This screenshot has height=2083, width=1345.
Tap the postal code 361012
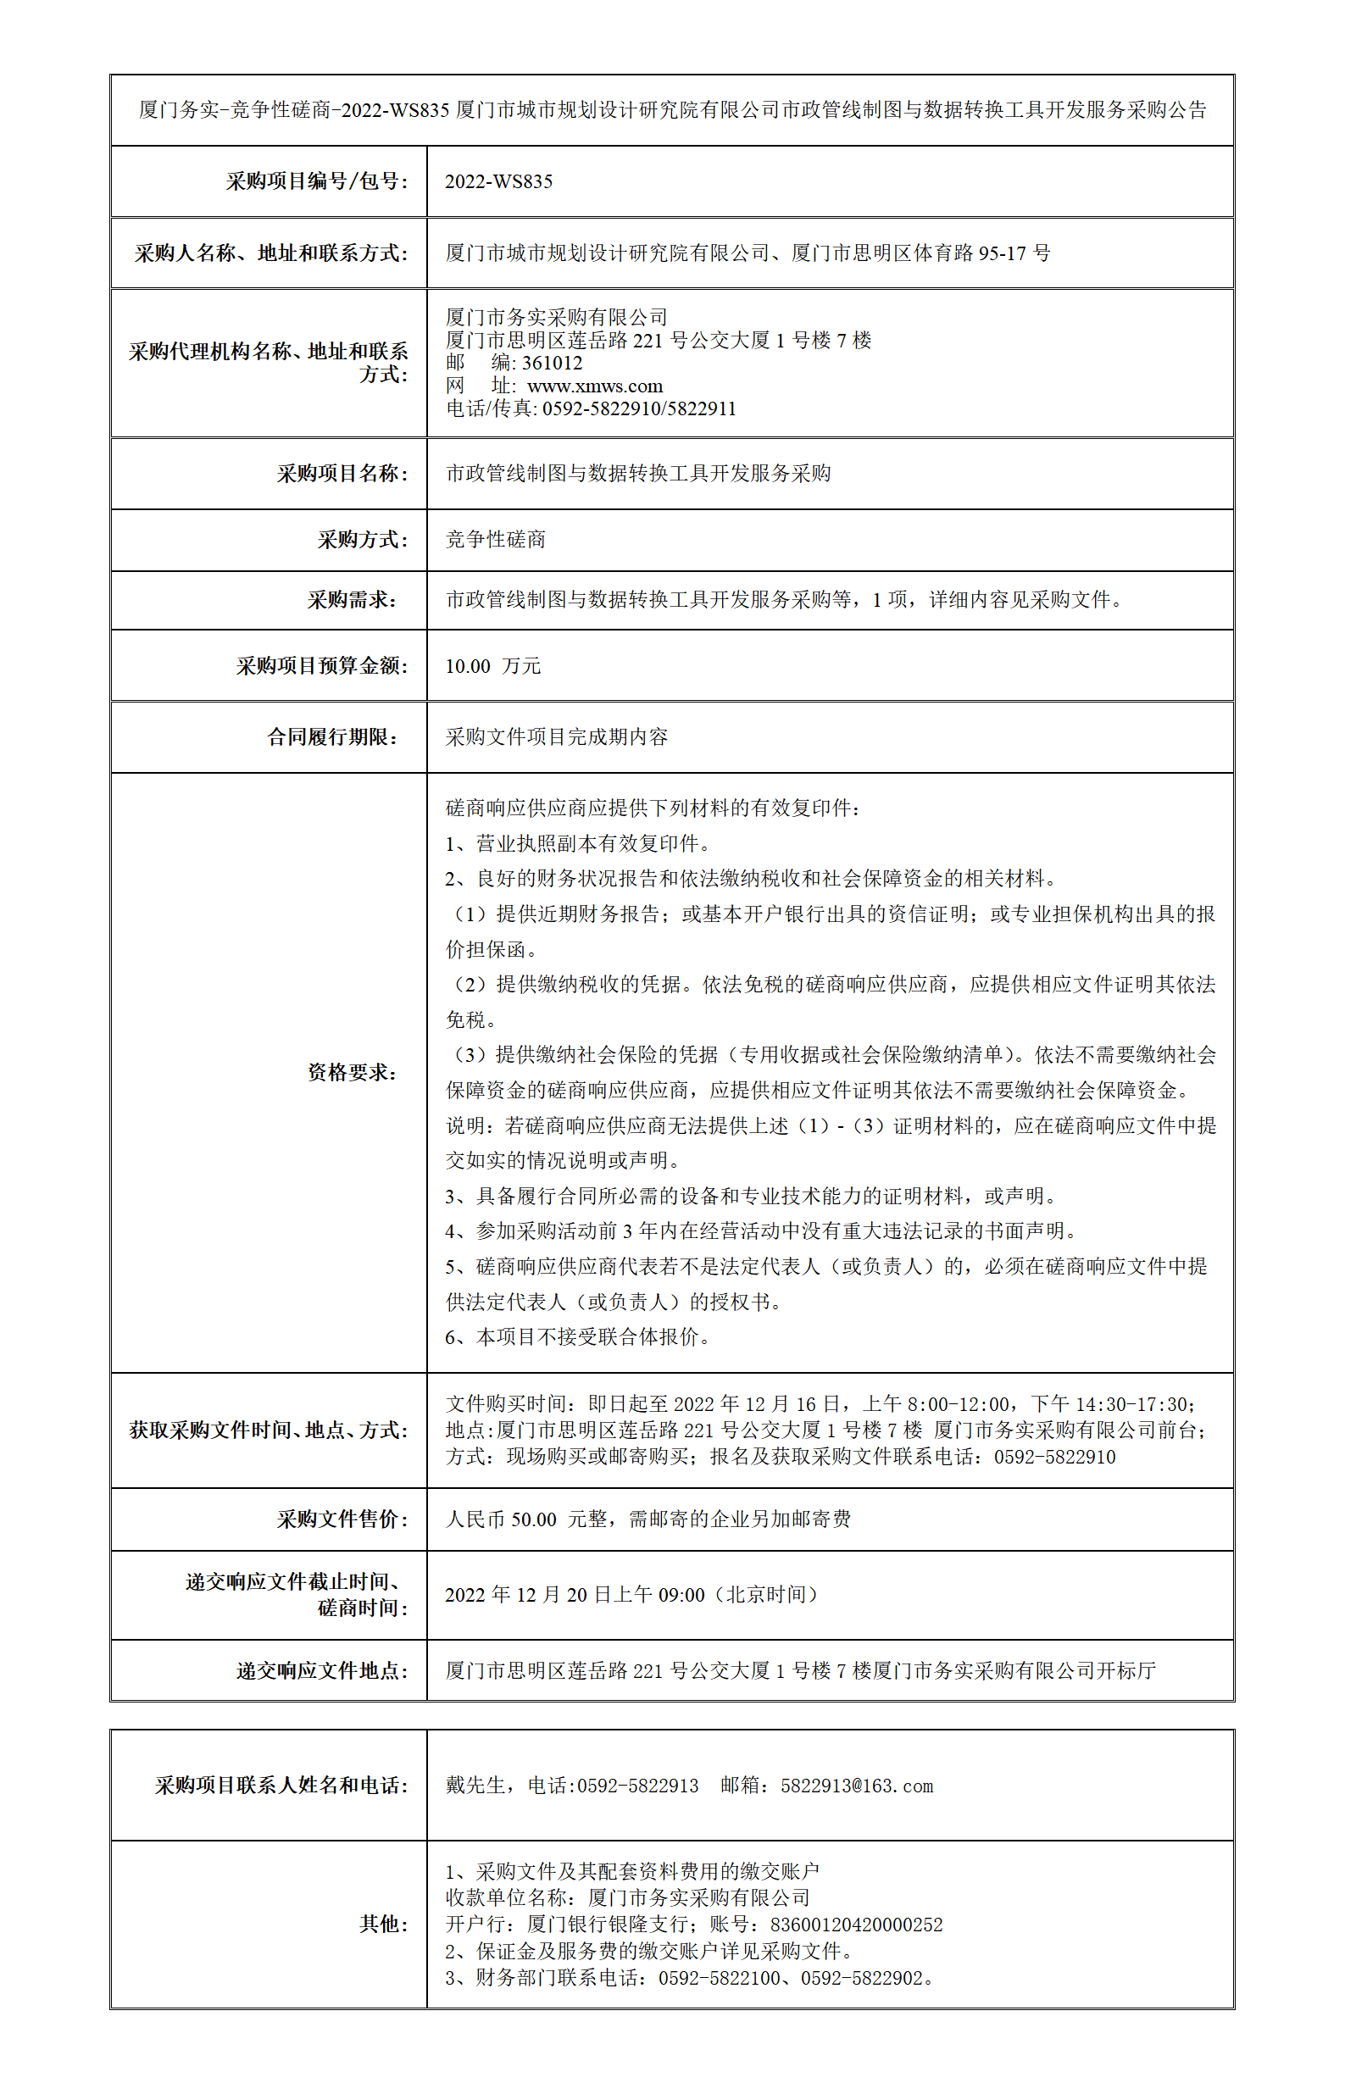551,364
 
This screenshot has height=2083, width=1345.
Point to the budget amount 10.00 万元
492,666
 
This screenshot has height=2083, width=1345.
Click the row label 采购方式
362,540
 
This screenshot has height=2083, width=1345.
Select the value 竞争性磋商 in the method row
495,540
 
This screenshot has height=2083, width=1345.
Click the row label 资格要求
352,1073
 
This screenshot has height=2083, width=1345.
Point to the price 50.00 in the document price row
534,1519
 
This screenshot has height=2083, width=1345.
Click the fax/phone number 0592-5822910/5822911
638,408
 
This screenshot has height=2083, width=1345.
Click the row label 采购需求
352,600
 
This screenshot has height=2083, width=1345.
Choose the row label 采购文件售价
342,1519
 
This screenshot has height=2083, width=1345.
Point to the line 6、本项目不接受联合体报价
577,1337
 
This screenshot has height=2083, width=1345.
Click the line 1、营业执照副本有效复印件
577,844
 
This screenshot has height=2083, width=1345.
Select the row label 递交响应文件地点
321,1671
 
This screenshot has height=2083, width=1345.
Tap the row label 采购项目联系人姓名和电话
281,1786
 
